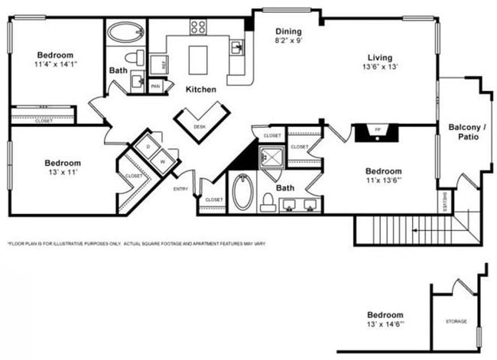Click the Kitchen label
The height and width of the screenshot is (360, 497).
pos(200,89)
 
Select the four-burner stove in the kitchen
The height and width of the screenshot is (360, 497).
pos(198,28)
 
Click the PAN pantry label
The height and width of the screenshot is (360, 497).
pos(155,86)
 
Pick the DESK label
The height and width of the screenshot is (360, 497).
pos(200,126)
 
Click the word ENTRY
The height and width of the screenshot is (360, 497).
pos(181,189)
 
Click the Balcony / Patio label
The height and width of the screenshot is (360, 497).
pos(463,131)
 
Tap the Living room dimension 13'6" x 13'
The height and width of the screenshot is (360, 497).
pos(379,66)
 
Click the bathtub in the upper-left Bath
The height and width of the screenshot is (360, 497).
pos(124,32)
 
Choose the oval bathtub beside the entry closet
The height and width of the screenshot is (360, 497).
pos(242,192)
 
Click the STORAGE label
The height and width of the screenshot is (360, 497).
pos(456,321)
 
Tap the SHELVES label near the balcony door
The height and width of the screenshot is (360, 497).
pos(444,202)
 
